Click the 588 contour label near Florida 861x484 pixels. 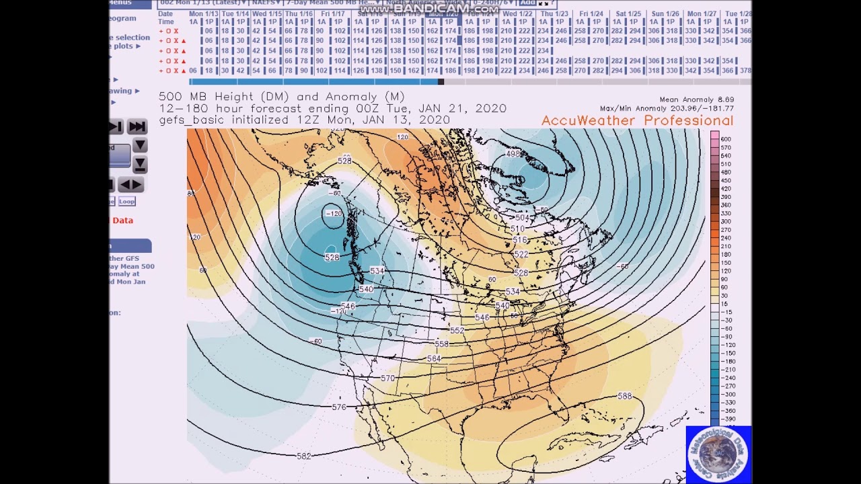624,396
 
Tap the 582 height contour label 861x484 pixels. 304,456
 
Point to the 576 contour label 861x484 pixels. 339,407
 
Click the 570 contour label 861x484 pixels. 387,378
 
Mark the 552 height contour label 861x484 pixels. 457,331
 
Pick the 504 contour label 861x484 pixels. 522,218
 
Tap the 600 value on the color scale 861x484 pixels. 726,139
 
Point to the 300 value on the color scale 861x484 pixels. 726,221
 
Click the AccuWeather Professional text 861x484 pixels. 637,120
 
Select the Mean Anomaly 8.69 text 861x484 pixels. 696,99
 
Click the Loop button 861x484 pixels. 126,201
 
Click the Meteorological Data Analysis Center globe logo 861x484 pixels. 718,454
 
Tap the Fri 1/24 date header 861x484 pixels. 591,13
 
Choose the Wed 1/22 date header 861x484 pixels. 517,13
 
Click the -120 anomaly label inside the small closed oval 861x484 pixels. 334,214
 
